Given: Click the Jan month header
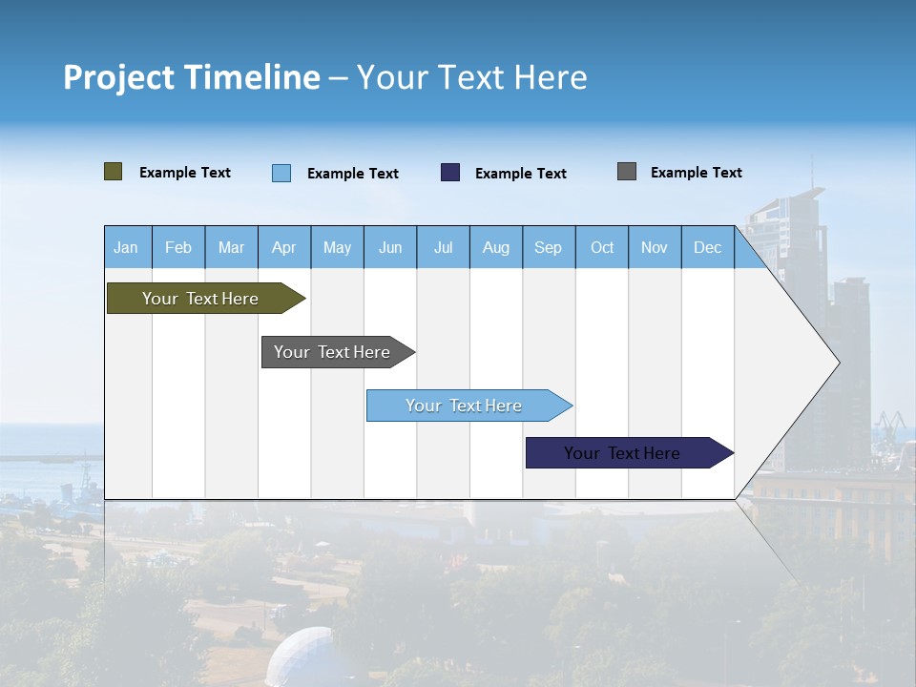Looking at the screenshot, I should tap(127, 247).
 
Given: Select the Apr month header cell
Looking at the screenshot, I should tap(284, 247).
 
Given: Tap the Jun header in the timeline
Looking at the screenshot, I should tap(390, 247).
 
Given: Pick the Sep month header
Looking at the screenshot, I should tap(548, 247).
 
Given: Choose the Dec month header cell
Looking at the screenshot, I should tap(707, 247).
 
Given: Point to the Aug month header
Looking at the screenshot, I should tap(495, 247).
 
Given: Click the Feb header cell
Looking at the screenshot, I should tap(178, 247).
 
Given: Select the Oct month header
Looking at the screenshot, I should tap(602, 247).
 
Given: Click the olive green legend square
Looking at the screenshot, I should tap(114, 172).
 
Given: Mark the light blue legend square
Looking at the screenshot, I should tap(281, 173).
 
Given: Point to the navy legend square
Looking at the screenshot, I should tap(450, 173).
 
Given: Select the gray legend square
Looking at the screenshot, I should tap(627, 172).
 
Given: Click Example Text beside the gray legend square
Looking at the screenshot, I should tap(696, 173).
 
